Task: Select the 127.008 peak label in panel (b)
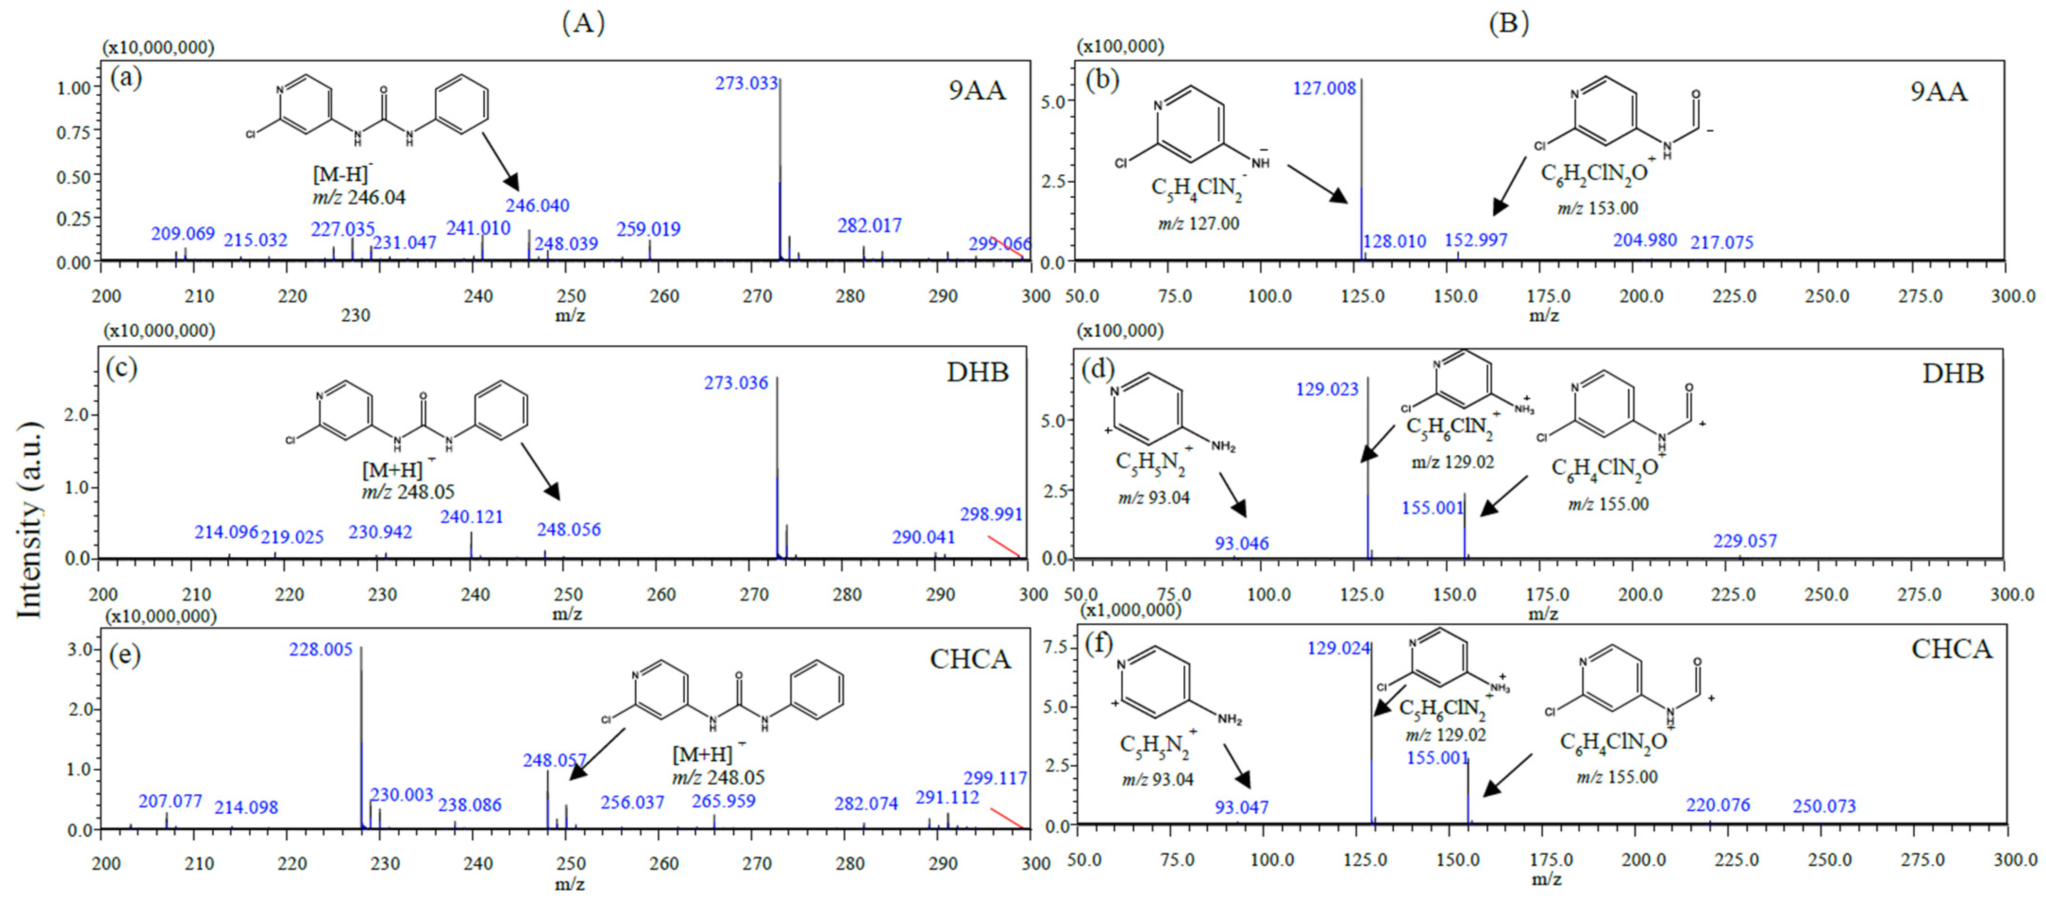click(1324, 88)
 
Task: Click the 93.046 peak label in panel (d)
click(1241, 544)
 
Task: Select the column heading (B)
click(1509, 23)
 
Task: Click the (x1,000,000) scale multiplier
click(1130, 610)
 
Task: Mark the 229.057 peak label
click(1745, 541)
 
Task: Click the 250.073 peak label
click(1824, 807)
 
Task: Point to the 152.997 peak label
click(1476, 240)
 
